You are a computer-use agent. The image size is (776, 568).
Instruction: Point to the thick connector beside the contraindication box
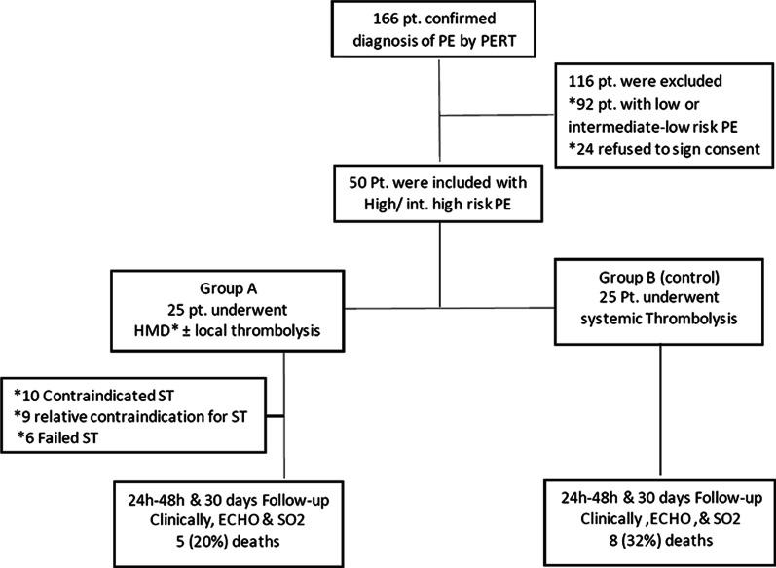pyautogui.click(x=275, y=416)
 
